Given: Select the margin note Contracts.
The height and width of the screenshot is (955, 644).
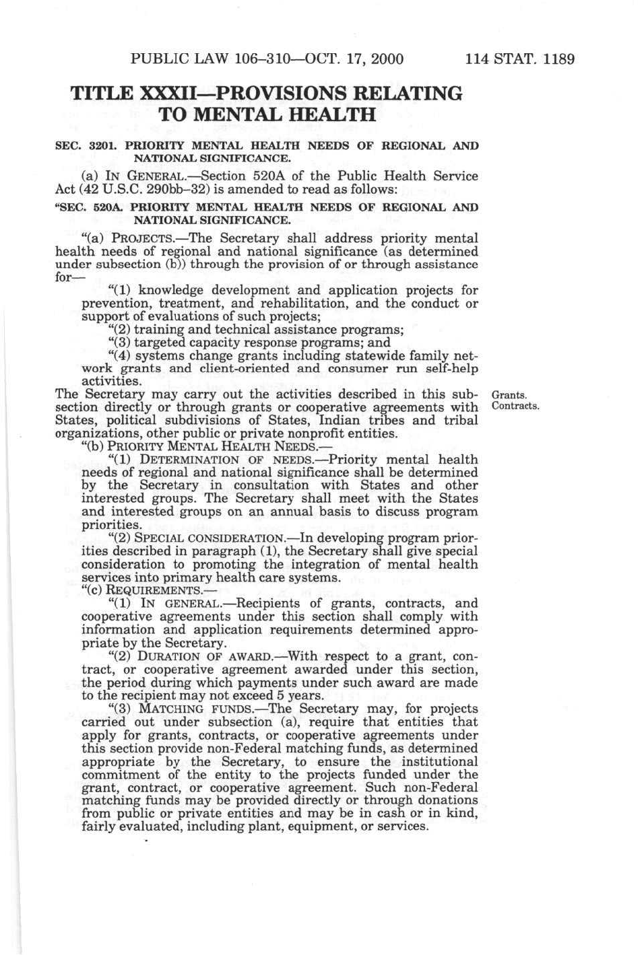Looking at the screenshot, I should (516, 406).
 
